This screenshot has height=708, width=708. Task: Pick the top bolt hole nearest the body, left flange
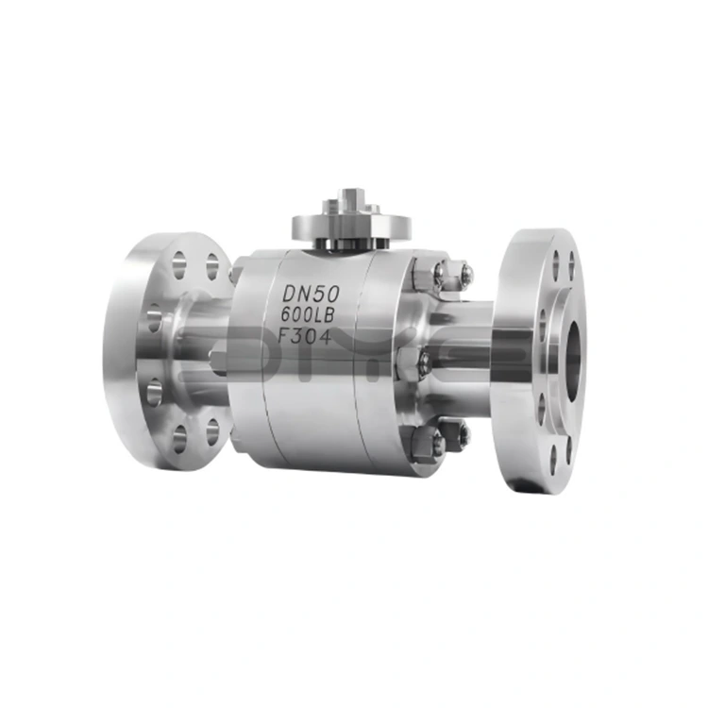click(x=212, y=267)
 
